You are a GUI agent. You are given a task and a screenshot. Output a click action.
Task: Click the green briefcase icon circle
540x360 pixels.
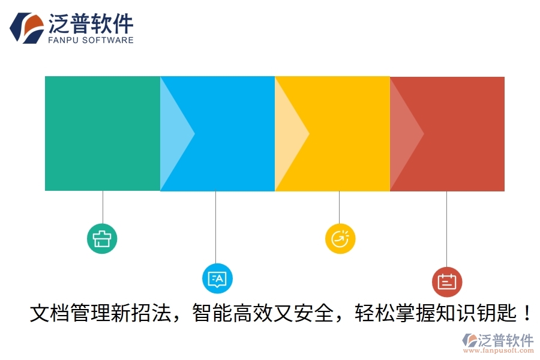tap(102, 238)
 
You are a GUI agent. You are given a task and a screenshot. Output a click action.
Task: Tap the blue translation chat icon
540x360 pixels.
tap(217, 278)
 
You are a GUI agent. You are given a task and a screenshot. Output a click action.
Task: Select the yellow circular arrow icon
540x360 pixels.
tap(340, 238)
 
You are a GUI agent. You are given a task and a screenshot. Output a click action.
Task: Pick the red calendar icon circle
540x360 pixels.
tap(447, 281)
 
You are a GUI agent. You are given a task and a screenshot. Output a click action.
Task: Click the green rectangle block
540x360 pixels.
tap(102, 133)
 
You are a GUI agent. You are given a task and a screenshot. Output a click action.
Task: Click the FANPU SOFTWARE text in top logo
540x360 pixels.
tap(90, 40)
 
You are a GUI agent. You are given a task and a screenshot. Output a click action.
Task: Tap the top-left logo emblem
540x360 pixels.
tap(26, 28)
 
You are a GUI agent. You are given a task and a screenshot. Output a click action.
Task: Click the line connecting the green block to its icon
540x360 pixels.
tap(103, 207)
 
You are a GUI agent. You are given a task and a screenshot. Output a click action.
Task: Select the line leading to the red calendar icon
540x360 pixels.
tap(446, 228)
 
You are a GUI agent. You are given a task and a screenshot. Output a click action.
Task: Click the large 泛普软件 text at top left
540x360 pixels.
tap(90, 23)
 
